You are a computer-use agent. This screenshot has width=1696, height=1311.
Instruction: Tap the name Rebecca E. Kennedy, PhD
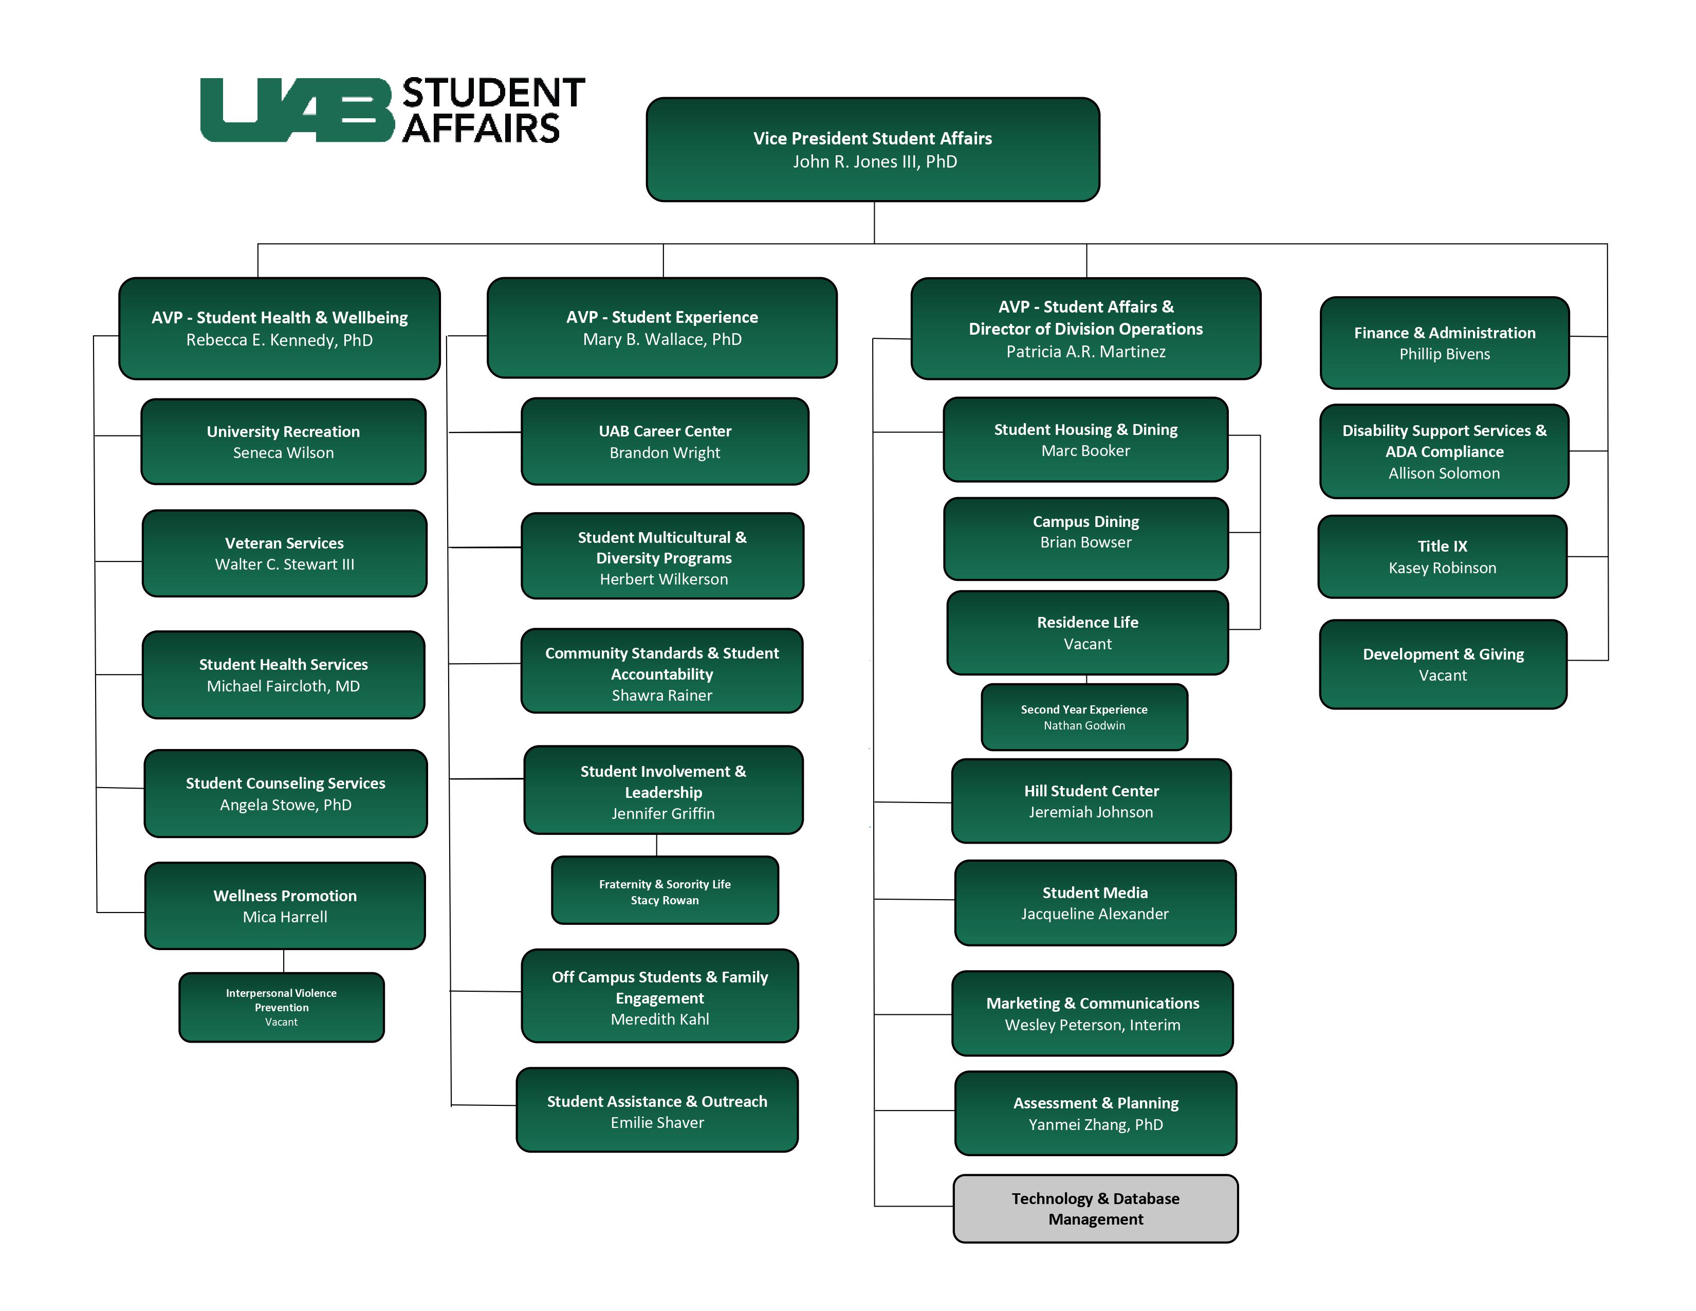[x=280, y=340]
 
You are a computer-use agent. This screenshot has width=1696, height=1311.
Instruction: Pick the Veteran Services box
[x=284, y=553]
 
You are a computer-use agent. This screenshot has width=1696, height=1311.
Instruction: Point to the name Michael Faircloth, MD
[x=284, y=686]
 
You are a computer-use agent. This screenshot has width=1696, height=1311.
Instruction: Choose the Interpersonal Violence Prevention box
[x=281, y=1007]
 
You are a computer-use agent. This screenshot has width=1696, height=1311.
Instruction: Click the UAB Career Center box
[x=665, y=441]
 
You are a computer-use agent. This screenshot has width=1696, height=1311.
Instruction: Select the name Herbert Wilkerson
[x=664, y=579]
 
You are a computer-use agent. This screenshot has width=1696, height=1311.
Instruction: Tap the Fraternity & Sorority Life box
[x=665, y=891]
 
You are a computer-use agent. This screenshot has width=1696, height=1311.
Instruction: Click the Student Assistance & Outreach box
[x=657, y=1110]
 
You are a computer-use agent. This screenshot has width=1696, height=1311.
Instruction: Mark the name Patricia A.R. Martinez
[x=1085, y=352]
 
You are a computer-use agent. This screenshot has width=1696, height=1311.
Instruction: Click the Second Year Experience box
[x=1084, y=717]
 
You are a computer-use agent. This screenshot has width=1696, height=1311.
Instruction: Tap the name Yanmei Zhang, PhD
[x=1096, y=1124]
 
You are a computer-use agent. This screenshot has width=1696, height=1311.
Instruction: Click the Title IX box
[x=1442, y=556]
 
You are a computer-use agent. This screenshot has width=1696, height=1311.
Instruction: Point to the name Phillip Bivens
[x=1444, y=354]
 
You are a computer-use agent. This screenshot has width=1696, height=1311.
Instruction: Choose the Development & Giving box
[x=1443, y=664]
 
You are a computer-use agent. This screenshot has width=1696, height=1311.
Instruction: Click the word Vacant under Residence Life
[x=1087, y=644]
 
